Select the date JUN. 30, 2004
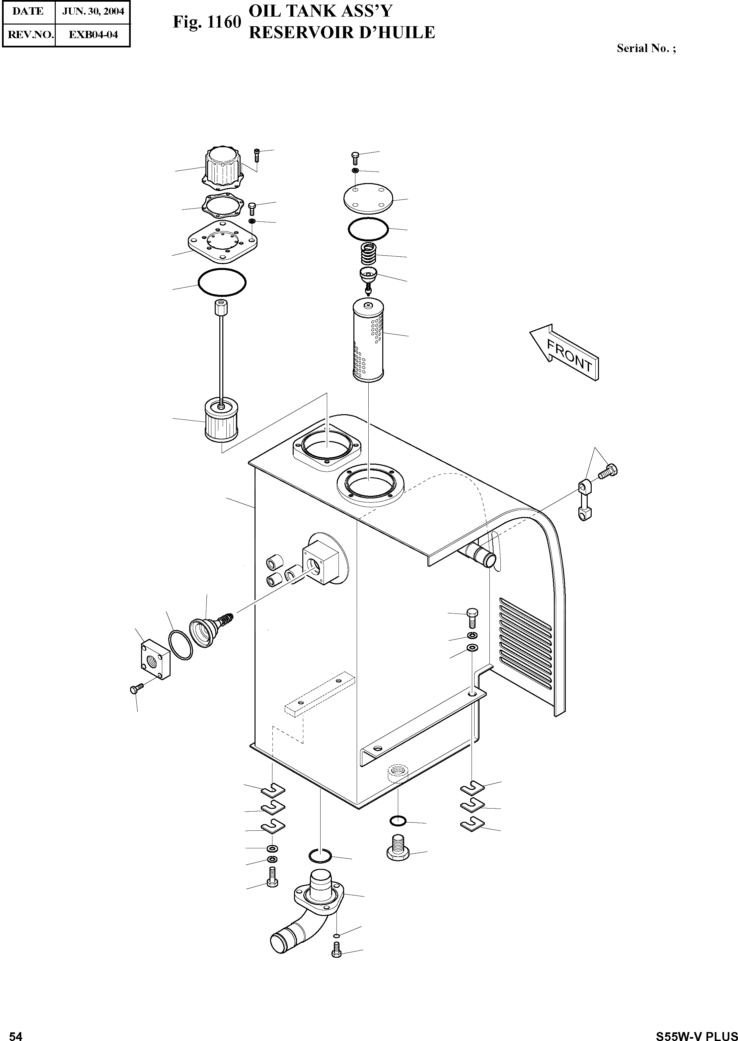tap(93, 11)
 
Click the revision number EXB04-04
tap(93, 35)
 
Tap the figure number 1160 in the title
tap(223, 22)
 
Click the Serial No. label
tap(645, 49)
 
